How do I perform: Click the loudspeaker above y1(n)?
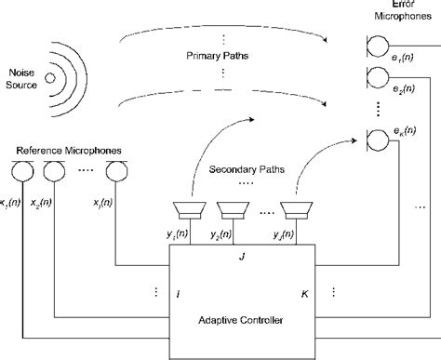click(x=191, y=209)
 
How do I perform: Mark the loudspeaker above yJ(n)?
click(x=295, y=209)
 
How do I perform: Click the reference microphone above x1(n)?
click(x=19, y=171)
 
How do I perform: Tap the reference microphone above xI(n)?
click(x=115, y=171)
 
